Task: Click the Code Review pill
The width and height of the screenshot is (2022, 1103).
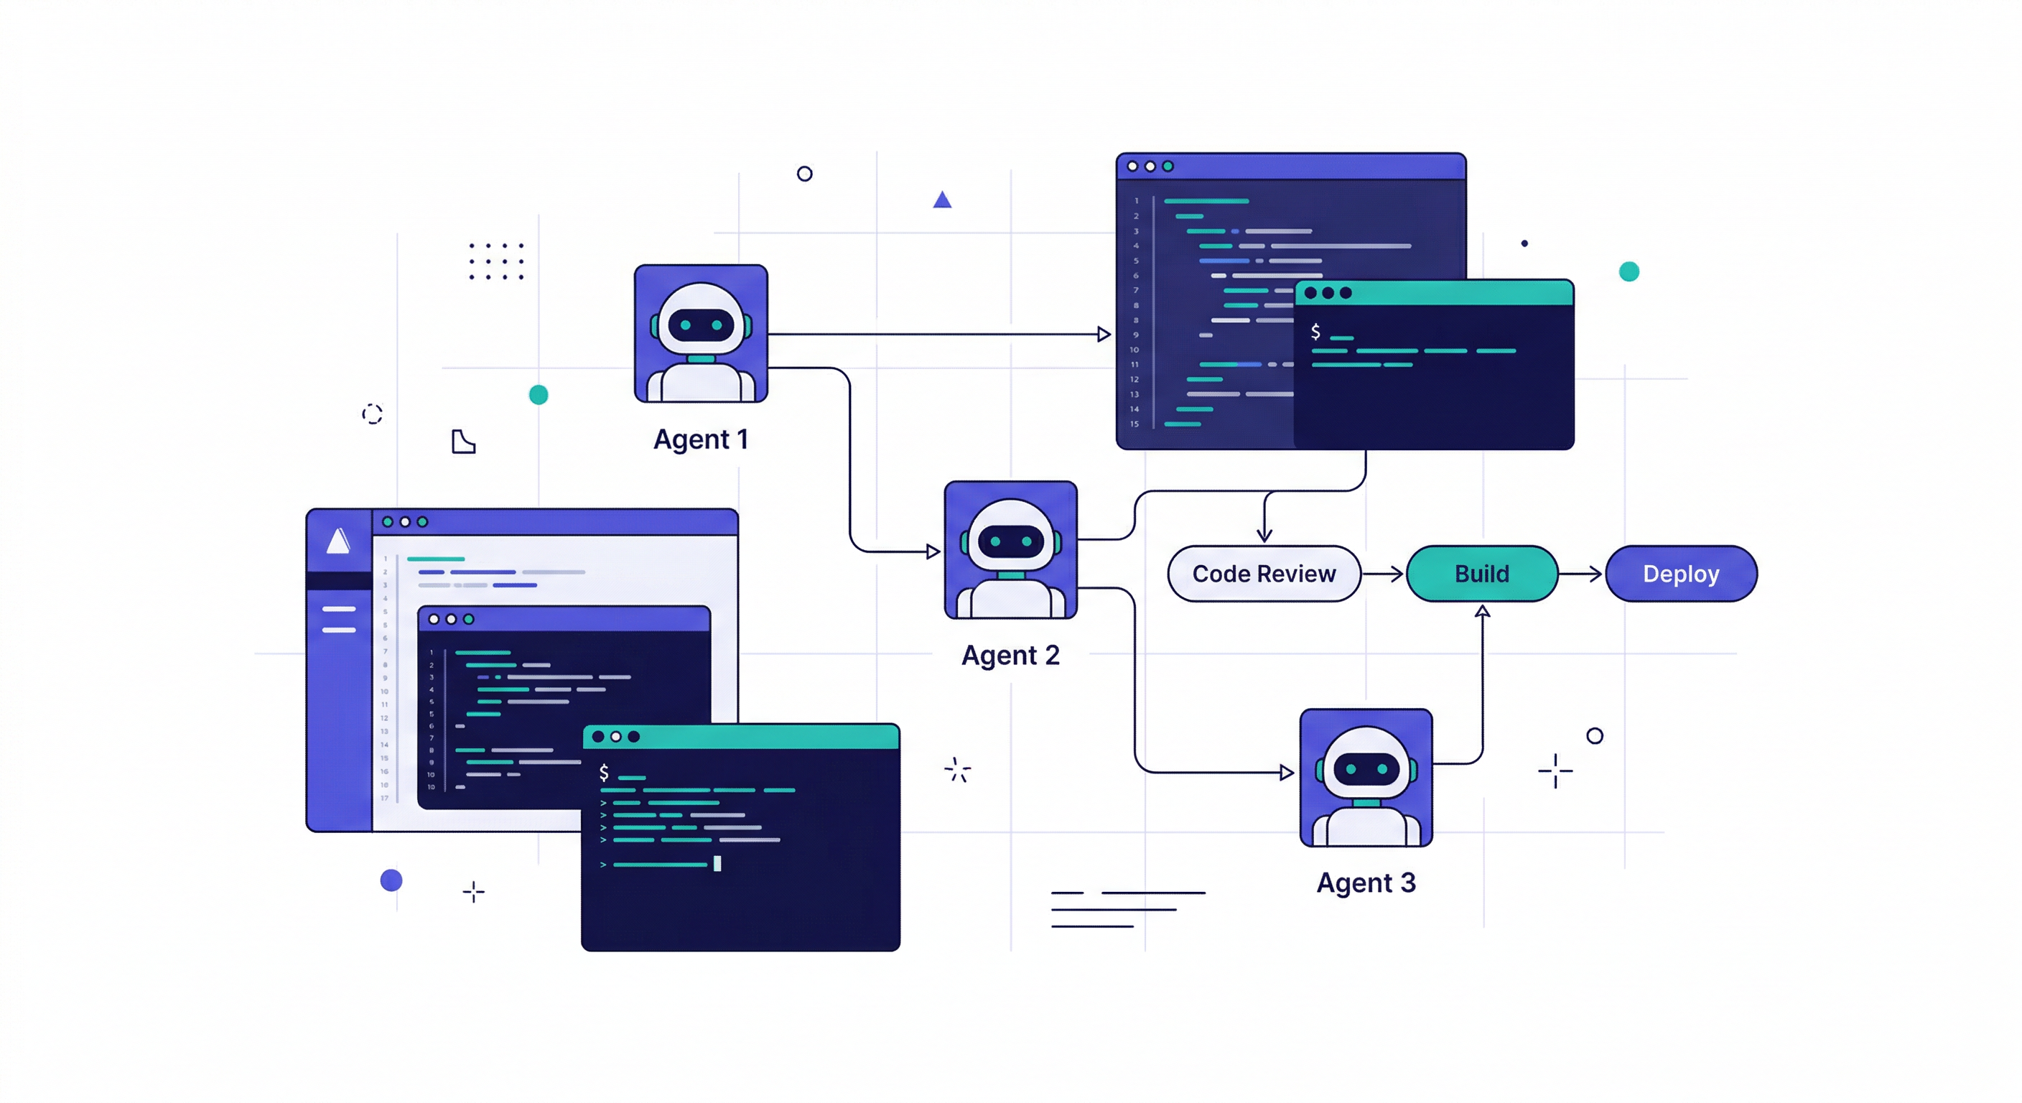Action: click(1263, 574)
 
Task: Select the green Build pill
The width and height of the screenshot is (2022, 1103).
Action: click(1481, 574)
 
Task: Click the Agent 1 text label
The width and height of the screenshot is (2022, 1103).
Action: click(700, 439)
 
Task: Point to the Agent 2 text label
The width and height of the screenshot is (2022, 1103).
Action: click(1010, 655)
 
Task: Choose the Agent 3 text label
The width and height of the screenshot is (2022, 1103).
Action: click(1366, 883)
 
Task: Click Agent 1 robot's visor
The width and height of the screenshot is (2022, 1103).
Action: click(700, 325)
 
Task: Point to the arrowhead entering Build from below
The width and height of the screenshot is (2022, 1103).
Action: click(1482, 612)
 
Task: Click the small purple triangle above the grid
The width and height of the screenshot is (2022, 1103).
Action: click(942, 200)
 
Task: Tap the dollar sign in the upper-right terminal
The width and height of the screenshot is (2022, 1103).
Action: click(1315, 331)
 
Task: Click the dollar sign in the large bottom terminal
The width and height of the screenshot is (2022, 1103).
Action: click(604, 773)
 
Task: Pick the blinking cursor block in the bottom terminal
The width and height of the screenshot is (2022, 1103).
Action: click(717, 864)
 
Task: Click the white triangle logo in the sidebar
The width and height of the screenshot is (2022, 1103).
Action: click(338, 541)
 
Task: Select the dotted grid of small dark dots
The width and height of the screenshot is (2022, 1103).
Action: click(496, 261)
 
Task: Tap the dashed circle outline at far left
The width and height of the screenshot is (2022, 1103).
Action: click(372, 414)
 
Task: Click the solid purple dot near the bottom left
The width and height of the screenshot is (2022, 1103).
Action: click(391, 880)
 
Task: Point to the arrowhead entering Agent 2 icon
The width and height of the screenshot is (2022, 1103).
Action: click(933, 552)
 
